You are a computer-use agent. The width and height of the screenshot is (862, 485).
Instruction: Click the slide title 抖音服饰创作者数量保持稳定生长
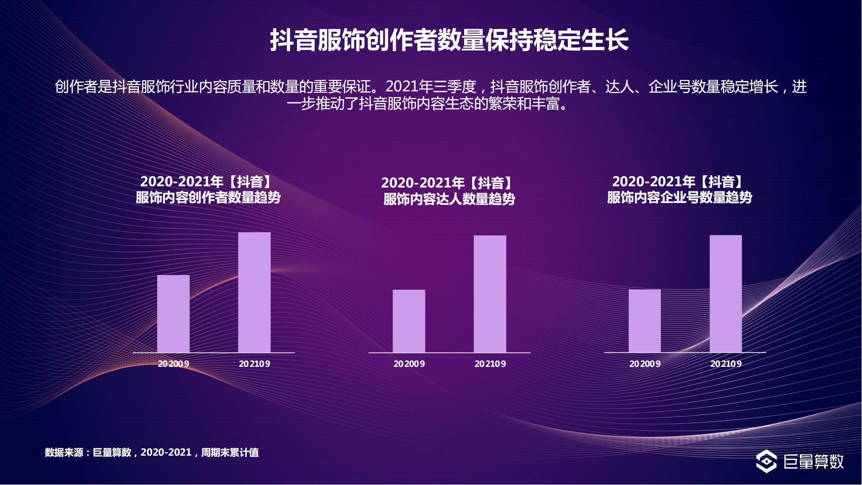449,40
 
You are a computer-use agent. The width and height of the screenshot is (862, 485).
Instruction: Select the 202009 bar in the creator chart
173,314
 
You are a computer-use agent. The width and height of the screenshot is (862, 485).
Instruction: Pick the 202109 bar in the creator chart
254,292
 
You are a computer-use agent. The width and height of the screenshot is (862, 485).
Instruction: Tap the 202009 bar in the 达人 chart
409,321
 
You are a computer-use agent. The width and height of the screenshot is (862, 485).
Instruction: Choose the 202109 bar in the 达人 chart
490,294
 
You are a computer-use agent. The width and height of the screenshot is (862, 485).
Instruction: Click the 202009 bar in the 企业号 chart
644,321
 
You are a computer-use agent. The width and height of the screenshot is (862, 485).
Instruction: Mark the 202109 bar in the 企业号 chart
726,294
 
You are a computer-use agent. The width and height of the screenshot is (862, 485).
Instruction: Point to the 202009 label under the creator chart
173,364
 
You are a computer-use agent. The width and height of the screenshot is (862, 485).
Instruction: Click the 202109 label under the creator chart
254,364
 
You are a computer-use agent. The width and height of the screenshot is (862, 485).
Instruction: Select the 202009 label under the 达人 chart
409,364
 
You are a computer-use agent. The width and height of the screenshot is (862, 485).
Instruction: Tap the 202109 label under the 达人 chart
490,364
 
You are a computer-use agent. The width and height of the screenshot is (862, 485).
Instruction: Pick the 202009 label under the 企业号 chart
645,364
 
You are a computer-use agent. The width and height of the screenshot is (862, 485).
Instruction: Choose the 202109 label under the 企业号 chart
726,364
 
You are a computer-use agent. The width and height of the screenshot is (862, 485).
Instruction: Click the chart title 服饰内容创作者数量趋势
208,197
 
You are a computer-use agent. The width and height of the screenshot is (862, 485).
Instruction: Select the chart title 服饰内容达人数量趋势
449,199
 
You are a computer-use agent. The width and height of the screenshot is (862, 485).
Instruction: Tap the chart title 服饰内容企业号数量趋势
679,197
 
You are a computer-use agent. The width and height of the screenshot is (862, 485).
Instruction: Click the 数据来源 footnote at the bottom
152,452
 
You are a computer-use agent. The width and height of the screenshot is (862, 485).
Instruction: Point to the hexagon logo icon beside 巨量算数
766,461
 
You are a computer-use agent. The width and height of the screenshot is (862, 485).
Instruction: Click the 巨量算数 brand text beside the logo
813,461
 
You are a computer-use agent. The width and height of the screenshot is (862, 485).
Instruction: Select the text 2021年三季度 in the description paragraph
431,87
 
